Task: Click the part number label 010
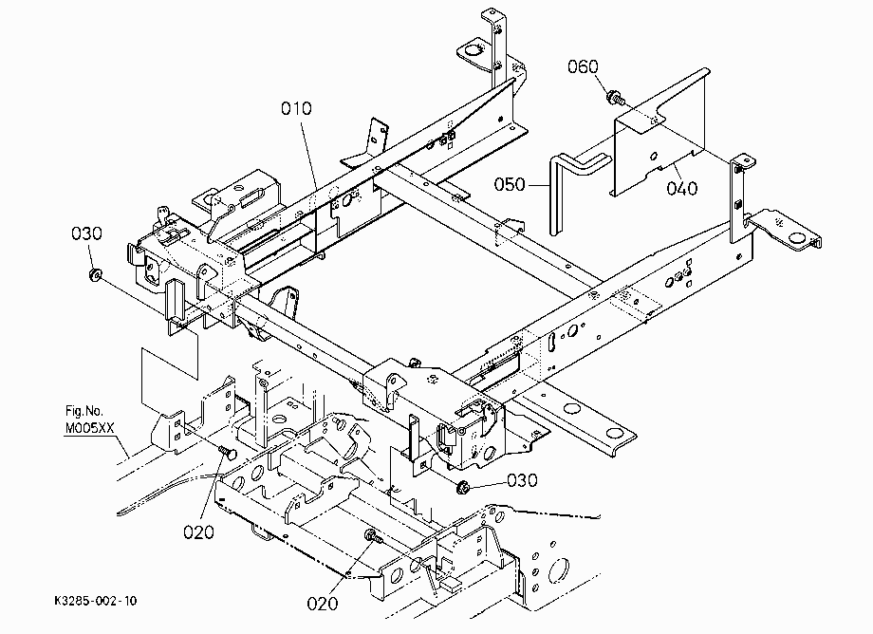click(296, 108)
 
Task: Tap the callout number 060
click(583, 66)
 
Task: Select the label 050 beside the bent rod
click(510, 184)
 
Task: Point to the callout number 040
click(681, 188)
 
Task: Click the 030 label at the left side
click(86, 233)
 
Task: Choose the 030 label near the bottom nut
click(522, 480)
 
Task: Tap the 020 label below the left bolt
click(198, 532)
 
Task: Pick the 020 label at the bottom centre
click(323, 604)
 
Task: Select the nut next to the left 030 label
click(95, 274)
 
